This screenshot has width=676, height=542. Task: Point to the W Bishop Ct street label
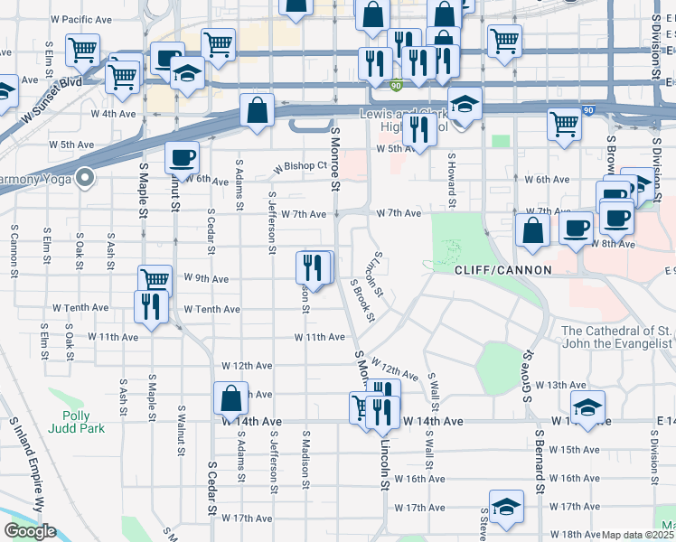tap(300, 166)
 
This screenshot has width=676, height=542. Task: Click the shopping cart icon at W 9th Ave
tap(155, 280)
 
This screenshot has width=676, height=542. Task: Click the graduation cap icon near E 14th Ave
tap(587, 407)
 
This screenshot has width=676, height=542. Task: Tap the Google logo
tap(30, 531)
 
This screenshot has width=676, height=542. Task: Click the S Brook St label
tap(362, 300)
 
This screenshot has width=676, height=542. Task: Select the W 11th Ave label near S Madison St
tap(319, 337)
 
